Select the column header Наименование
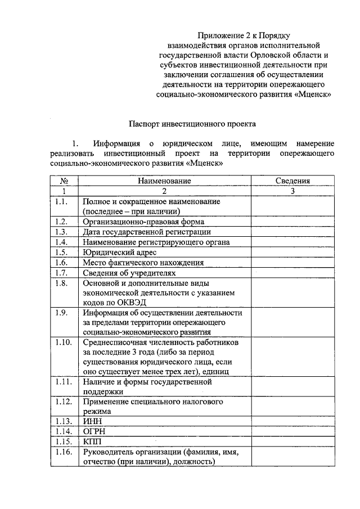coord(164,181)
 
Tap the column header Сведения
coord(292,181)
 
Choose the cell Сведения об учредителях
coord(125,272)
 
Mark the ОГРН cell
coord(94,432)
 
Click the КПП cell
coord(92,442)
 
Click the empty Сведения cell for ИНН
coord(292,422)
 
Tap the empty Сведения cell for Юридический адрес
coord(292,252)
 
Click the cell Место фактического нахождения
coord(143,262)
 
